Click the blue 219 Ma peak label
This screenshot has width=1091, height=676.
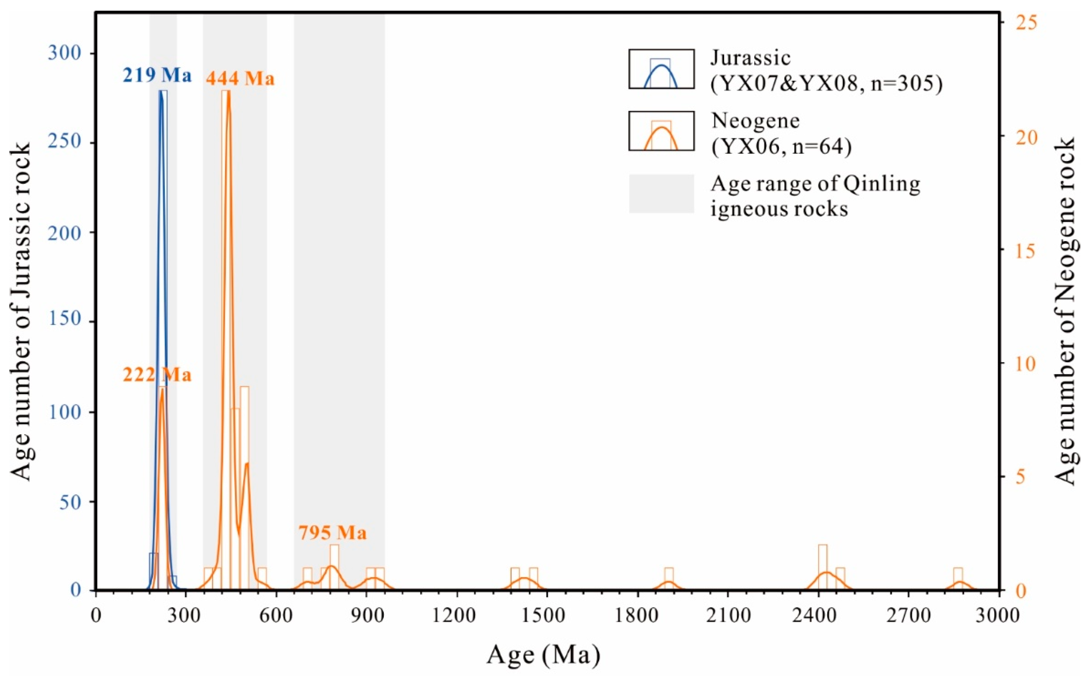click(157, 75)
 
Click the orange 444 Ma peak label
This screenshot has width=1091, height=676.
click(240, 79)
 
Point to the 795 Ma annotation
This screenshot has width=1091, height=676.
click(333, 533)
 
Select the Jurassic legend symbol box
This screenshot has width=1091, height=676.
click(661, 69)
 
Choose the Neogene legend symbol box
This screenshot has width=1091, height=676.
click(661, 131)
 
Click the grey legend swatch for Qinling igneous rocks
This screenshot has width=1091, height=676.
click(661, 194)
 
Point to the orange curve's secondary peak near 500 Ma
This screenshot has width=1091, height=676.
click(247, 464)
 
